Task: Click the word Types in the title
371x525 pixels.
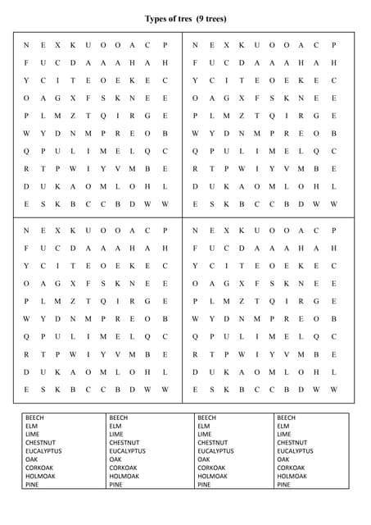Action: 157,18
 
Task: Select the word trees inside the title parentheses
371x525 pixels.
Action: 216,18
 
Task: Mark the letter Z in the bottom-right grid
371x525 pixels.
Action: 242,301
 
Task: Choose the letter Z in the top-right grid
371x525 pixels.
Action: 242,116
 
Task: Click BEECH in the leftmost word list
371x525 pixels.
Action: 36,418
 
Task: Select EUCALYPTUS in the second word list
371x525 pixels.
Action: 127,451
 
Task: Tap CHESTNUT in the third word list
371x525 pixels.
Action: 212,443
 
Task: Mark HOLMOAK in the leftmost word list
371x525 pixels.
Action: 41,476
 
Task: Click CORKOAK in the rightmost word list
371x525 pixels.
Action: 292,468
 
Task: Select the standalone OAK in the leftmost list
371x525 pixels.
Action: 31,459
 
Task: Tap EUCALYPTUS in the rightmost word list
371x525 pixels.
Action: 295,451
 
